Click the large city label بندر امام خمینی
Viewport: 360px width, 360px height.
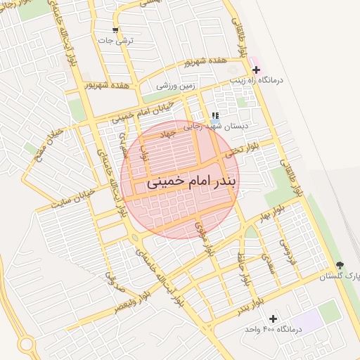coord(194,181)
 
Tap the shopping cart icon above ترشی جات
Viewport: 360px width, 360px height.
coord(116,31)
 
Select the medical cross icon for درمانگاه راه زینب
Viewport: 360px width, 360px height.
coord(256,70)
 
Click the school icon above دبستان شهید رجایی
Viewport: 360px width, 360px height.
coord(214,115)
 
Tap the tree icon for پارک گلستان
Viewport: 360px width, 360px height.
coord(341,265)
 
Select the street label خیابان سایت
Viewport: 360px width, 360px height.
coord(72,199)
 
